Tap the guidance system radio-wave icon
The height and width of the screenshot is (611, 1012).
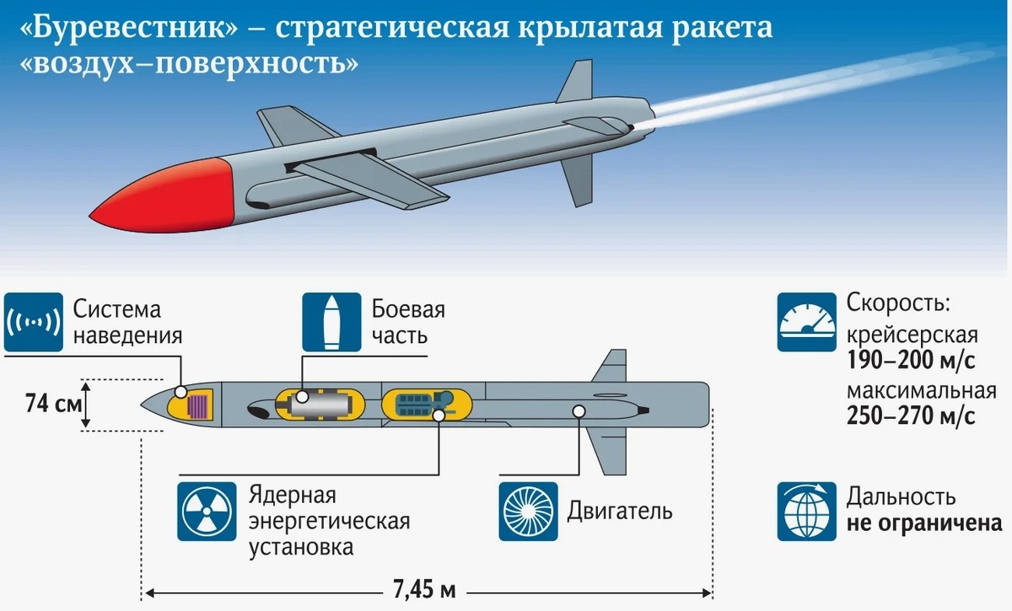pyautogui.click(x=33, y=323)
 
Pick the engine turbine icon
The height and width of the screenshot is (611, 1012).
pyautogui.click(x=528, y=511)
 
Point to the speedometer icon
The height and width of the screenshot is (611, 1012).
pyautogui.click(x=806, y=322)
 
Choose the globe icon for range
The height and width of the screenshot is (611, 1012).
pyautogui.click(x=806, y=511)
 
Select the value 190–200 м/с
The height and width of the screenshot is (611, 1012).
pyautogui.click(x=910, y=362)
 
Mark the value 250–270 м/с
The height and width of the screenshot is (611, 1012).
pyautogui.click(x=912, y=415)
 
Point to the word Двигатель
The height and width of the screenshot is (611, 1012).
pyautogui.click(x=619, y=512)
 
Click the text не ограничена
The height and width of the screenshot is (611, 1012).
pyautogui.click(x=924, y=523)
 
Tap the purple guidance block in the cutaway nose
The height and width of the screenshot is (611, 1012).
pyautogui.click(x=199, y=406)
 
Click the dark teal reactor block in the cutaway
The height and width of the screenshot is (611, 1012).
pyautogui.click(x=415, y=403)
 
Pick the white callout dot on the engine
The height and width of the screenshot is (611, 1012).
pyautogui.click(x=579, y=411)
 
